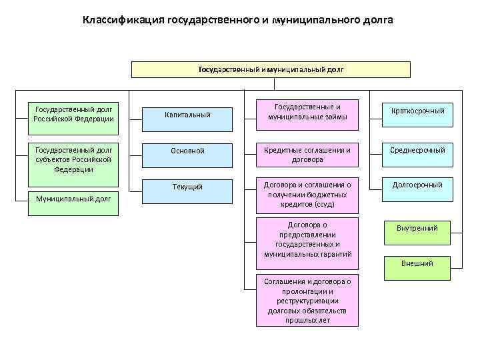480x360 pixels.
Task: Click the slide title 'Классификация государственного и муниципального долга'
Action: coord(238,20)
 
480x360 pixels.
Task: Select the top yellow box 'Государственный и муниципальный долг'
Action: coord(271,69)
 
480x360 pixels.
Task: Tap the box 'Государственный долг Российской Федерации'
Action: coord(74,114)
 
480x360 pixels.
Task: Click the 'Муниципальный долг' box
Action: coord(74,198)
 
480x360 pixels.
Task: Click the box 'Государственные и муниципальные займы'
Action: coord(307,111)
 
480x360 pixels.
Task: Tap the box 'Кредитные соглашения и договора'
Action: coord(307,155)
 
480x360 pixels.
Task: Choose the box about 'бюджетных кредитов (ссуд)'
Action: coord(307,194)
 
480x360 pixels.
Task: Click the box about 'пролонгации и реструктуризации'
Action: coord(307,300)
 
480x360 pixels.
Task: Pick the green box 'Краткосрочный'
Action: coord(417,111)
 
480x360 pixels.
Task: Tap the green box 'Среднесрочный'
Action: coord(417,150)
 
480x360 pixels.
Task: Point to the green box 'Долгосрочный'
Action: coord(417,184)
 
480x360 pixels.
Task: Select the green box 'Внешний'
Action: coord(417,263)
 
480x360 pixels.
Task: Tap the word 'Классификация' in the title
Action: coord(118,20)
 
